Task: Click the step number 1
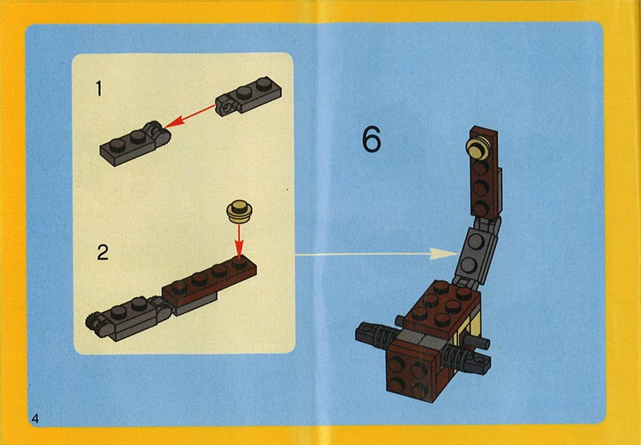click(98, 88)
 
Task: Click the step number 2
click(103, 253)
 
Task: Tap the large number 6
click(372, 139)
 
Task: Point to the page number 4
click(35, 418)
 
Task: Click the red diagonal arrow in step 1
click(189, 115)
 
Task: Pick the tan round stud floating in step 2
click(239, 211)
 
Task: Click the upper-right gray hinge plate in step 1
click(249, 95)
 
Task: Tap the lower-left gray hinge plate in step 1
click(135, 143)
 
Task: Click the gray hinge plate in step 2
click(129, 318)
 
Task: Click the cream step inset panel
click(184, 203)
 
